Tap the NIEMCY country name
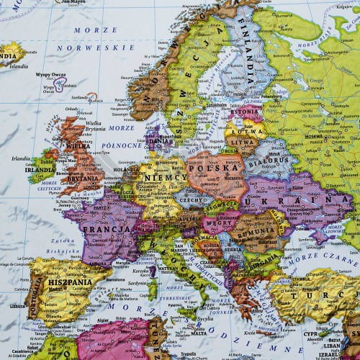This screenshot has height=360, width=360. pos(162,176)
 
